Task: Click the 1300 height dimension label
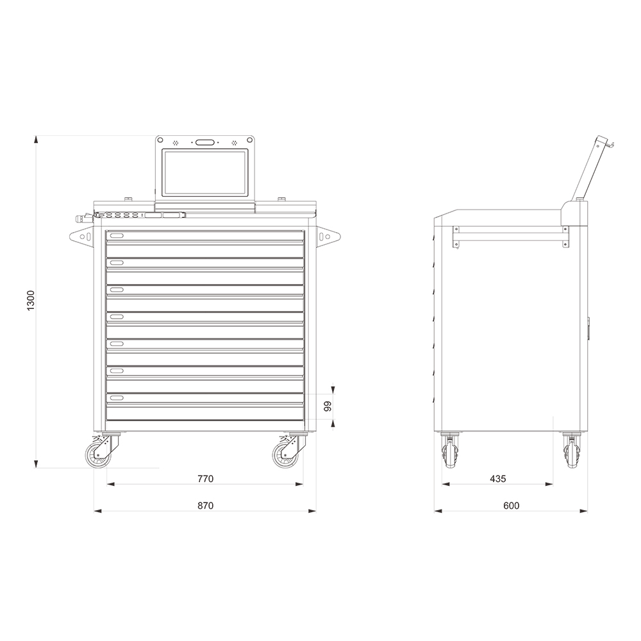point(31,301)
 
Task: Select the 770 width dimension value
point(205,479)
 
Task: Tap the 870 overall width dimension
point(205,506)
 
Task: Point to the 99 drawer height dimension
point(328,406)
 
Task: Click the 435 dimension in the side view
point(497,479)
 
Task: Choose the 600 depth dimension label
point(511,506)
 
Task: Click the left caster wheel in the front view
point(98,455)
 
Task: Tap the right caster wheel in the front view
point(285,455)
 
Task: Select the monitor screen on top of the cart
point(205,172)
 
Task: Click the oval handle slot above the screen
point(205,142)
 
